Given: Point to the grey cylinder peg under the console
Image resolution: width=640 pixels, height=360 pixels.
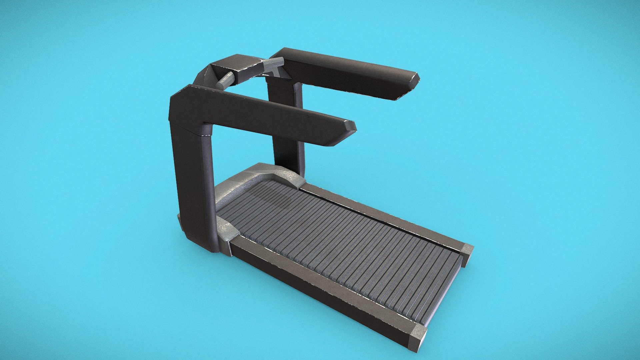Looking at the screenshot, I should [225, 80].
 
